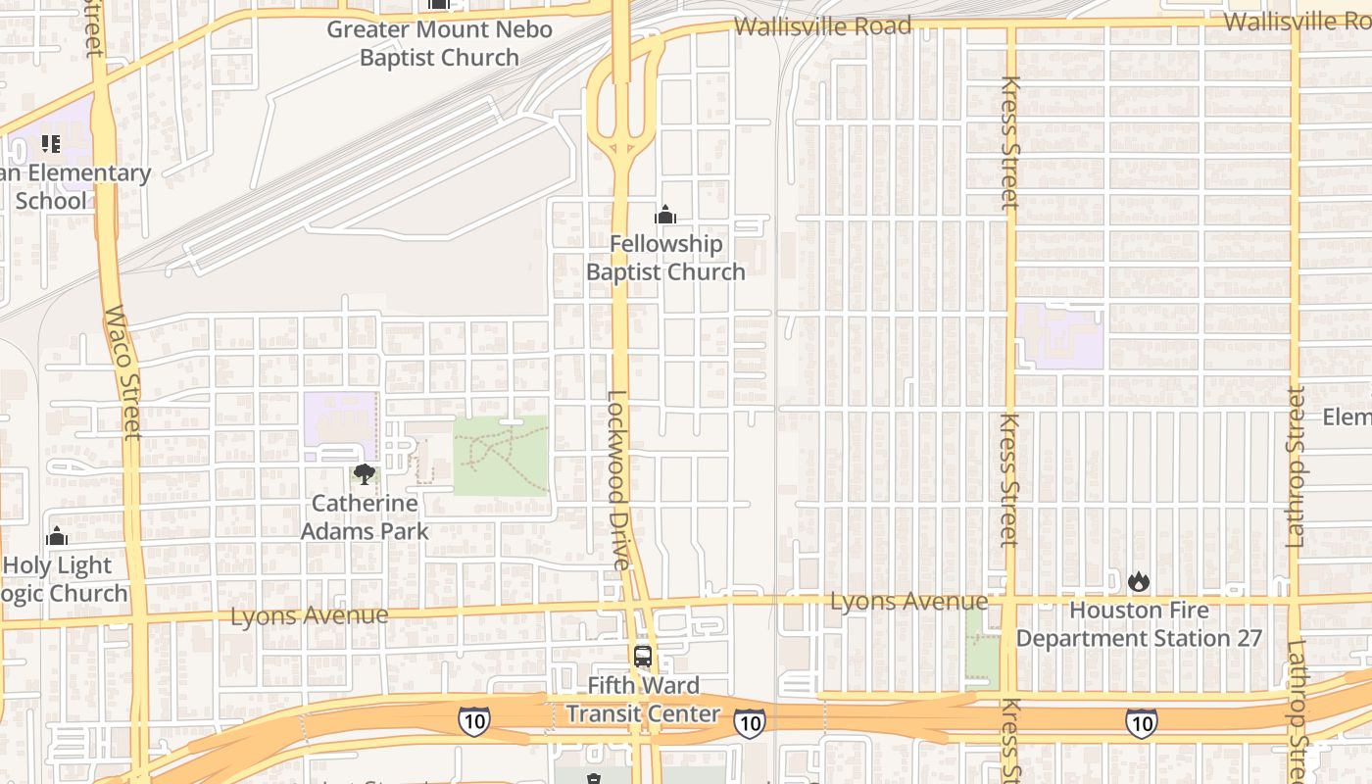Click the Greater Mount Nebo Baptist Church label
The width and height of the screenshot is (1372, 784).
439,43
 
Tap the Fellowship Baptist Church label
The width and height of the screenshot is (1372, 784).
665,257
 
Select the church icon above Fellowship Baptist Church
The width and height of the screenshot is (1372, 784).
665,215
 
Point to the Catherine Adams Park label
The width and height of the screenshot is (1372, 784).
365,517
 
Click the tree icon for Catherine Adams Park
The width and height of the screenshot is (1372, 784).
365,475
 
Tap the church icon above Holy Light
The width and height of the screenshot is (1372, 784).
57,536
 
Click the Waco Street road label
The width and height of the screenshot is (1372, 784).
123,372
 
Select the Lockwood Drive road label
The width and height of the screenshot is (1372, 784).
616,480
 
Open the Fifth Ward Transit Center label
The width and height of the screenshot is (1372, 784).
643,700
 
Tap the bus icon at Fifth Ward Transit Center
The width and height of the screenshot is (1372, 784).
643,657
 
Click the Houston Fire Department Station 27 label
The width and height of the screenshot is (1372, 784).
1139,624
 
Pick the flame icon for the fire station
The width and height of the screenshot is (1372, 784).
1138,581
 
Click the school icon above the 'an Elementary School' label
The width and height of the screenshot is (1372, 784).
51,144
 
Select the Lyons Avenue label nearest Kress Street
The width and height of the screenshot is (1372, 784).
908,601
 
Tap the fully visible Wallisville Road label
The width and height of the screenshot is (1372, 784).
822,26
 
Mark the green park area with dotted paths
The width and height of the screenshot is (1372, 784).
501,455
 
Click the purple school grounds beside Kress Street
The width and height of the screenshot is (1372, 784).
1058,336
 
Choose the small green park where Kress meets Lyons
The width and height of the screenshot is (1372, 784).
982,649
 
